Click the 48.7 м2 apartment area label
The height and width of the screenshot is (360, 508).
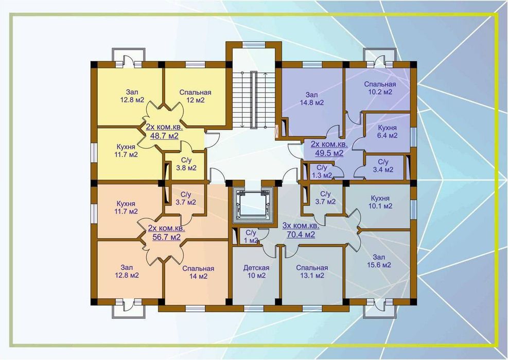[x=164, y=131]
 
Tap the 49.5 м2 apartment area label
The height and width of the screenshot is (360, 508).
[x=329, y=148]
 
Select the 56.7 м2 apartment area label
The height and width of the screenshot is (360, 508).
[x=167, y=233]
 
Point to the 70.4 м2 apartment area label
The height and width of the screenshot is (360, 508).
[x=301, y=230]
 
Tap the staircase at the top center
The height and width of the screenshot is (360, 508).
[x=254, y=99]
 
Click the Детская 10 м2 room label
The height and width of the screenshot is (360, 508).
[x=256, y=272]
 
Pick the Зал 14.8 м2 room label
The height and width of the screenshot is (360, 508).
[x=312, y=99]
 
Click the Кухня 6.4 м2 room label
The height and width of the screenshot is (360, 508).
[x=388, y=132]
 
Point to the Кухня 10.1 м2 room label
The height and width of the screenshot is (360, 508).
[x=380, y=202]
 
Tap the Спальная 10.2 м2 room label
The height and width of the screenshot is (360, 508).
[x=380, y=88]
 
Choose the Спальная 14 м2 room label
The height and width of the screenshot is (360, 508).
[x=198, y=272]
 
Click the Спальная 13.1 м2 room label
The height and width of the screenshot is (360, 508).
[x=312, y=272]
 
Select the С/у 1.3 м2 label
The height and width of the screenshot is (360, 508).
[x=322, y=172]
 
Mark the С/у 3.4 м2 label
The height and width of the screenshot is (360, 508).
[x=383, y=166]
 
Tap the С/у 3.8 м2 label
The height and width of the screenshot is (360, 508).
[x=186, y=164]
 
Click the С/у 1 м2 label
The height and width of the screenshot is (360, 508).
[x=251, y=237]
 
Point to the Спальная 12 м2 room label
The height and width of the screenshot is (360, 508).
[x=196, y=96]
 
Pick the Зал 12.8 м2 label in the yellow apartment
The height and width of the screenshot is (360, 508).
[x=132, y=96]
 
